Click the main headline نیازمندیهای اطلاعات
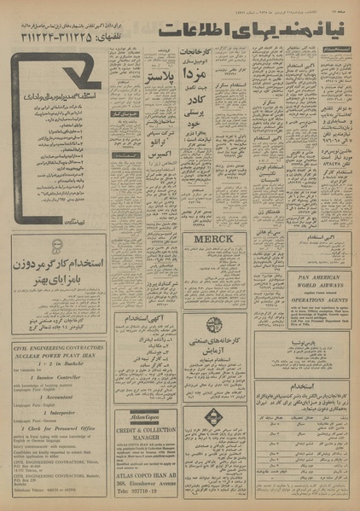(x=256, y=31)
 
